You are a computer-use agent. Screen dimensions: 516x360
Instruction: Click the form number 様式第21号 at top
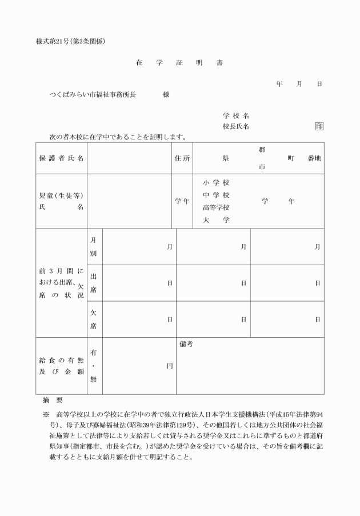pos(55,42)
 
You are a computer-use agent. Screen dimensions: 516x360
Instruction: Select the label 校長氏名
pos(235,126)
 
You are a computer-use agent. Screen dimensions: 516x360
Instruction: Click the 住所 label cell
pos(182,158)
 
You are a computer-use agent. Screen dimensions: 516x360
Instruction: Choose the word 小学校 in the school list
pos(216,183)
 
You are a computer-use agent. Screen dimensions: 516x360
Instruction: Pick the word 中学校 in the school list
pos(216,195)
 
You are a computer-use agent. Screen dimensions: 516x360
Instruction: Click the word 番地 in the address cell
pos(314,158)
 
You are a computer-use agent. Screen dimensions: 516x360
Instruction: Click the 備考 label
pos(186,344)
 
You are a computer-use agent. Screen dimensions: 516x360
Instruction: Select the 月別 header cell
pos(94,246)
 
